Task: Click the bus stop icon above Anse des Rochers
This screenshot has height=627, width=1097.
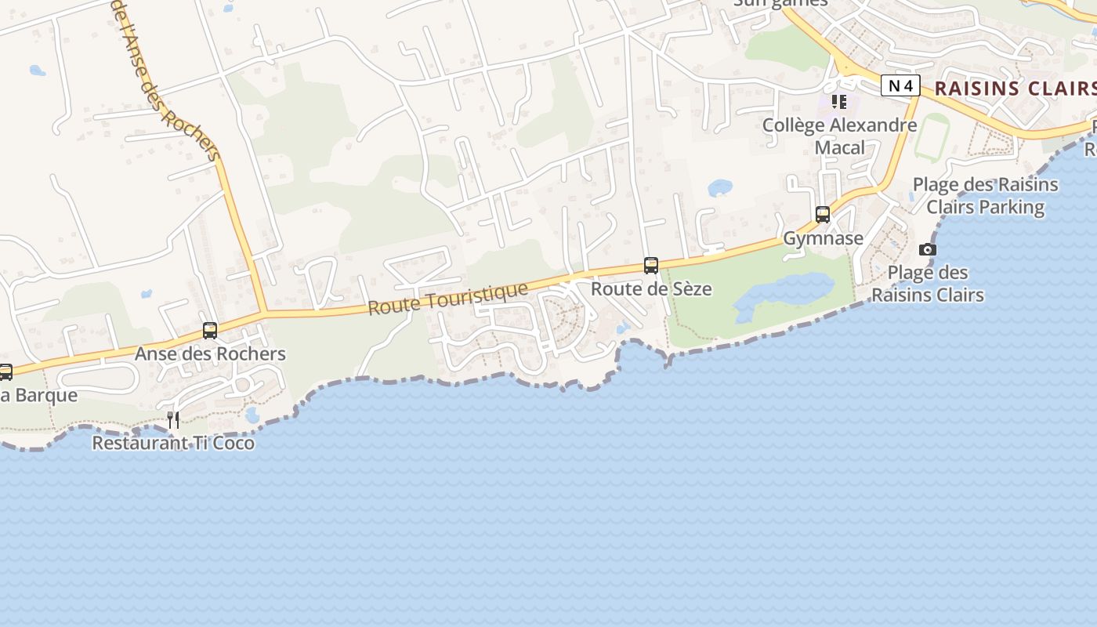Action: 210,331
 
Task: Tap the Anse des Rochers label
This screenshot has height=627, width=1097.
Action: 210,353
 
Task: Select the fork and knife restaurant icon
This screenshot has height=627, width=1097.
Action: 173,420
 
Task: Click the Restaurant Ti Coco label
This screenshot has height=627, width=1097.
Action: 173,443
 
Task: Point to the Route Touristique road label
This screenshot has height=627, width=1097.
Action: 448,299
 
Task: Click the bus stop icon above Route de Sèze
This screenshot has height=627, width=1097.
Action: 651,266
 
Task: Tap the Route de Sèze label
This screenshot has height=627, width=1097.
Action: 651,288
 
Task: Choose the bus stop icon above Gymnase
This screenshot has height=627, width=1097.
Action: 823,215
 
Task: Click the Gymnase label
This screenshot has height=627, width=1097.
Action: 824,238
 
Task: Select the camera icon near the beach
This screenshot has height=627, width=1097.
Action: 928,250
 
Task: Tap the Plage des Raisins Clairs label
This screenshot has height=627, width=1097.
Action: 928,284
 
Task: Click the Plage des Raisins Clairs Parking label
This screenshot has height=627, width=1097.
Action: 985,196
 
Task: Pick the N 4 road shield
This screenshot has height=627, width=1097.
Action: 900,85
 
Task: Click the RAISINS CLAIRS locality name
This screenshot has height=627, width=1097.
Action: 1015,88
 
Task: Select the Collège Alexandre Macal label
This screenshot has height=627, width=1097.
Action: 839,136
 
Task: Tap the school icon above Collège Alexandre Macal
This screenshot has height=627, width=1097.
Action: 839,102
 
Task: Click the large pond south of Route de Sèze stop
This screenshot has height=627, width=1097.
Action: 784,294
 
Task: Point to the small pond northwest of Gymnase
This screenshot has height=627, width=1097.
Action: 720,188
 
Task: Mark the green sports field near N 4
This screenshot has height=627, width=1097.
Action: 931,137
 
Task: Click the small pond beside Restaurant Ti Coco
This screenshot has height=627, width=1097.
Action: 252,415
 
